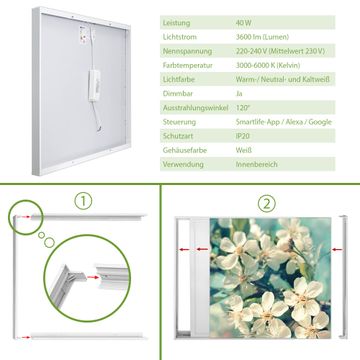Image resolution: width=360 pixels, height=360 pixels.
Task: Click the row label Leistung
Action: coord(176,23)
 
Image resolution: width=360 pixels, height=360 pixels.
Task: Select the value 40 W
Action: coord(244,23)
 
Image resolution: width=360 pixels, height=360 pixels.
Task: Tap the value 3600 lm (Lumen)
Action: coord(262,37)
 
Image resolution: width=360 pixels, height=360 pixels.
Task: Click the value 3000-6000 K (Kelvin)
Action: coord(268,65)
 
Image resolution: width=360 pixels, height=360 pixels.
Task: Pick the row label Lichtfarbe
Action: coord(179,80)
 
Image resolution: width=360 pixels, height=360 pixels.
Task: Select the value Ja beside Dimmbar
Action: coord(239,94)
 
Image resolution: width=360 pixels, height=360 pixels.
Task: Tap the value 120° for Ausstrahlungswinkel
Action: coord(242,108)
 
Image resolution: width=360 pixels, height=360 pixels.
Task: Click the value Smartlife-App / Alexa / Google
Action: coord(284,122)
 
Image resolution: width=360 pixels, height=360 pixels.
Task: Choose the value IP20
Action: coord(243,136)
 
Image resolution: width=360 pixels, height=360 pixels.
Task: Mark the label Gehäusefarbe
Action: coord(185,150)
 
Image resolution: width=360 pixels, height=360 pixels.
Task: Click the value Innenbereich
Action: coord(256,164)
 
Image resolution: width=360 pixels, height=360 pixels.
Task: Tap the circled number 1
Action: coord(83,201)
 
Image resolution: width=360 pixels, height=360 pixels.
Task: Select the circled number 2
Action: coord(267,203)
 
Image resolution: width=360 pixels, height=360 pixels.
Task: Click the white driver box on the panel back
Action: coord(94,85)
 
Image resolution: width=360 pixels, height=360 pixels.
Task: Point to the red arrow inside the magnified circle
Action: coord(93,277)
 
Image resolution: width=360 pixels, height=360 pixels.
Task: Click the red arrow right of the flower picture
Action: coord(337,249)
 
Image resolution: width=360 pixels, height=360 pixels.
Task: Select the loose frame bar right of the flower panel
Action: coord(343,277)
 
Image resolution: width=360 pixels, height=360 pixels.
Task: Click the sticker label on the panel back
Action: coord(83,34)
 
